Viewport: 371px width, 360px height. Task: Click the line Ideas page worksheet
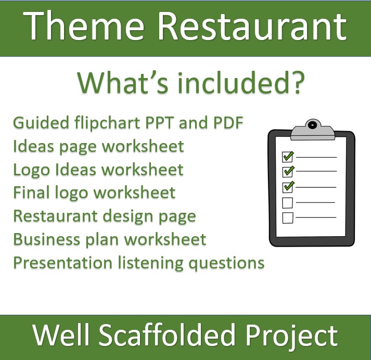click(x=98, y=147)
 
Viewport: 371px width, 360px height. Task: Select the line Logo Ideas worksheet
click(x=98, y=170)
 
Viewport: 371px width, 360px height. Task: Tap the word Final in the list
click(x=31, y=192)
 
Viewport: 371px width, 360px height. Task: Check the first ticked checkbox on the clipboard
click(x=287, y=156)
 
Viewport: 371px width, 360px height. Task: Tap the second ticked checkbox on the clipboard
click(x=287, y=171)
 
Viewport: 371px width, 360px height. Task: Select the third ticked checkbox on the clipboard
click(x=287, y=186)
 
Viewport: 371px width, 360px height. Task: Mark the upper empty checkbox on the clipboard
click(x=287, y=202)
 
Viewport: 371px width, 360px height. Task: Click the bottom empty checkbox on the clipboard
click(x=287, y=217)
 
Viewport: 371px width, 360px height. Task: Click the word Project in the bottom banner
click(x=296, y=336)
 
